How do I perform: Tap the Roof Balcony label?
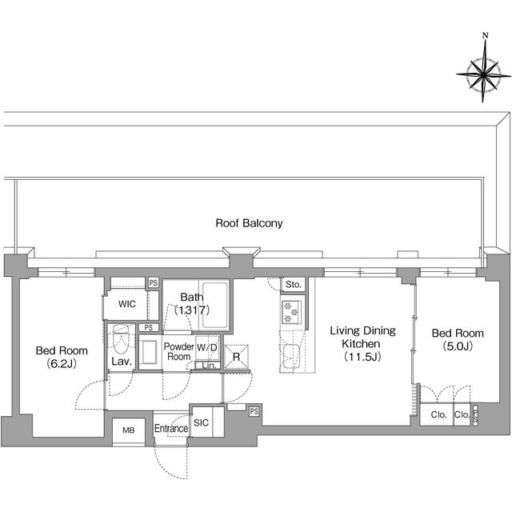click(249, 223)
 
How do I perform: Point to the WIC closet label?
click(126, 305)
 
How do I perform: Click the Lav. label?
click(121, 362)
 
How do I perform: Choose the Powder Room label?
click(179, 351)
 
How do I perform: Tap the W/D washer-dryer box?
click(207, 348)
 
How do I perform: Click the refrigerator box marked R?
click(236, 357)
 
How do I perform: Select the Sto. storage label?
click(294, 284)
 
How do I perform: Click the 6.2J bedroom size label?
click(61, 363)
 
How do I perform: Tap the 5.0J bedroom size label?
click(457, 346)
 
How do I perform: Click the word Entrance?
click(171, 429)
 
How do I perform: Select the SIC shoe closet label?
click(201, 423)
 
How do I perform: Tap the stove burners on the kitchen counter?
click(290, 311)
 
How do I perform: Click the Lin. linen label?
click(207, 366)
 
